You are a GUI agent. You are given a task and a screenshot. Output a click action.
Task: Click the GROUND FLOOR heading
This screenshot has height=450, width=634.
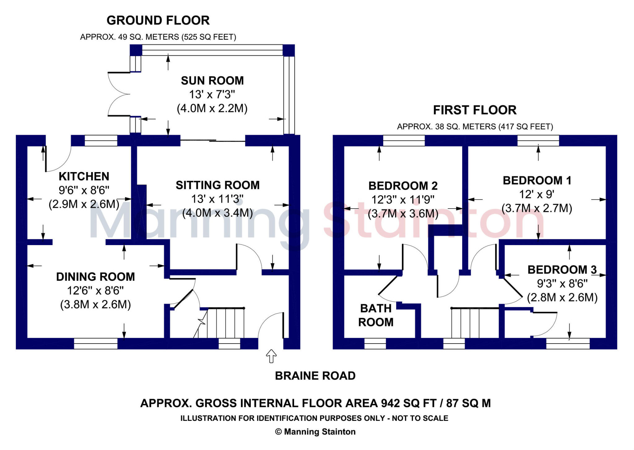[x=158, y=20]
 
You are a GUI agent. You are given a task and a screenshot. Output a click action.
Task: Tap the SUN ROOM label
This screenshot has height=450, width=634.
[x=212, y=81]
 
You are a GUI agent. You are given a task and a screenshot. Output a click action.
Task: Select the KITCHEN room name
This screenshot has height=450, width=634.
[x=84, y=176]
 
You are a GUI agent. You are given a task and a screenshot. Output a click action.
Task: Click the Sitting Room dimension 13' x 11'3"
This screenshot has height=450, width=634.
[x=217, y=199]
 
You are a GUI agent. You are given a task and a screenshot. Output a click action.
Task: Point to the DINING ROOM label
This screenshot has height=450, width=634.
[x=95, y=277]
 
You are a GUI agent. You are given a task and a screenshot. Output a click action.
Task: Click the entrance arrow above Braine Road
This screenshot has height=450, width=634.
[x=271, y=356]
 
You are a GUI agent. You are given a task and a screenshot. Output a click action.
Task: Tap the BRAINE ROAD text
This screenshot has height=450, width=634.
[x=315, y=376]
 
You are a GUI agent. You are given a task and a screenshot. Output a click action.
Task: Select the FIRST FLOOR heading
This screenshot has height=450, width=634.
[x=475, y=110]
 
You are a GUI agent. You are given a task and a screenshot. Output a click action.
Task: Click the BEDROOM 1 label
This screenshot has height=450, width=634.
[x=537, y=180]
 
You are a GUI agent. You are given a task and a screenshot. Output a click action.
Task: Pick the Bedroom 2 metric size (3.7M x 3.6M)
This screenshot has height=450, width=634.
[x=403, y=214]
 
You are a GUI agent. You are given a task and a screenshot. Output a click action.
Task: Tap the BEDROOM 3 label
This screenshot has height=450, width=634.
[x=562, y=270]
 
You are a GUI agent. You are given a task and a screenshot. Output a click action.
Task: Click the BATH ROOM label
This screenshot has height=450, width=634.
[x=376, y=315]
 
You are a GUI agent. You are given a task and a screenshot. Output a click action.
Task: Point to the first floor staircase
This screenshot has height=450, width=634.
[x=475, y=323]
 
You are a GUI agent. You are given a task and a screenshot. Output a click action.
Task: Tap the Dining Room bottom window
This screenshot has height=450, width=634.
[x=96, y=344]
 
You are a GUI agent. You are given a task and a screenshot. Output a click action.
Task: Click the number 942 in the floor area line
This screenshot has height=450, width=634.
[x=390, y=403]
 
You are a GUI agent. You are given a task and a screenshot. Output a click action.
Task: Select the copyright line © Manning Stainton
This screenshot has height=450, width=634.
[x=315, y=432]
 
